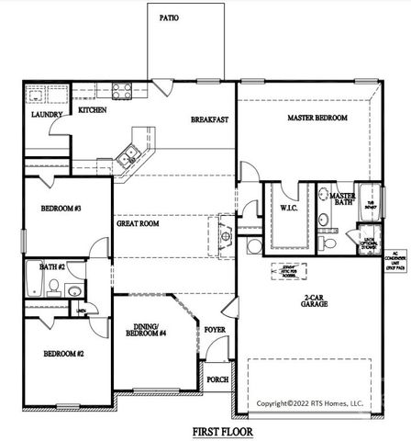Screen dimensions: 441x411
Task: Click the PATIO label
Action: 169,17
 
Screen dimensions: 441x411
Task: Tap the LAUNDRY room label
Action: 47,116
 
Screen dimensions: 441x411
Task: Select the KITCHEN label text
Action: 93,110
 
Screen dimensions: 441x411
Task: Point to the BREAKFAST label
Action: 209,120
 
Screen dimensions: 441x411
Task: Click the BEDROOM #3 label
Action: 61,209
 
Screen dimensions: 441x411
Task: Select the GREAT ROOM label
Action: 139,223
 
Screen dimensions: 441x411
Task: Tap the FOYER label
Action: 214,329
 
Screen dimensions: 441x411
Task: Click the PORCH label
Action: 217,379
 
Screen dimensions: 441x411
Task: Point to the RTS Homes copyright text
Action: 312,402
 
